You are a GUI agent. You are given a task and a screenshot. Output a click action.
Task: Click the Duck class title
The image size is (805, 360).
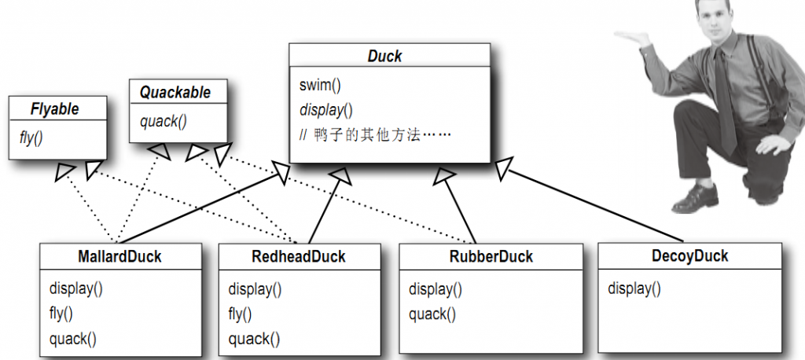click(x=385, y=57)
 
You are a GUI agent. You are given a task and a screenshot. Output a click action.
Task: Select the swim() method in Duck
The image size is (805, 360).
click(x=320, y=84)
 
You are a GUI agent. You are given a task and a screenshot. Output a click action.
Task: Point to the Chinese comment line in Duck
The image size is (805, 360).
click(x=375, y=134)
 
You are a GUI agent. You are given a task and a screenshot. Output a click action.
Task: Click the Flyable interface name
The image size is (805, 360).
click(x=54, y=109)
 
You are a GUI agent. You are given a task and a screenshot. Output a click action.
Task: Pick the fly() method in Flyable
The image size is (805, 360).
click(x=31, y=136)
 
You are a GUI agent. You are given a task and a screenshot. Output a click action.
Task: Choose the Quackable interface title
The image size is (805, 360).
click(x=175, y=92)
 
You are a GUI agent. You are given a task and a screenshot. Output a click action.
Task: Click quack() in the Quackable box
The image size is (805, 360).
click(x=164, y=121)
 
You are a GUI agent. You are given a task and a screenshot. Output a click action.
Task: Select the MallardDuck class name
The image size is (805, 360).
click(x=119, y=257)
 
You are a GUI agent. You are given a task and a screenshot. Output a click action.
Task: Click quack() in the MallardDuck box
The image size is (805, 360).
click(x=72, y=340)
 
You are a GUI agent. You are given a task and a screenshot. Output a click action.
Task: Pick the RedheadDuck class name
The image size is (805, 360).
click(x=299, y=257)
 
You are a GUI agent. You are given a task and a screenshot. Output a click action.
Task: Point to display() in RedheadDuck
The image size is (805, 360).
click(x=255, y=288)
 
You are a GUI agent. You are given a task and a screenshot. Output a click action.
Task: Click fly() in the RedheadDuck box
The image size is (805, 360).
click(x=240, y=314)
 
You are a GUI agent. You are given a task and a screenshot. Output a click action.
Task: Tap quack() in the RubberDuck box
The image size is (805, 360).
click(x=432, y=314)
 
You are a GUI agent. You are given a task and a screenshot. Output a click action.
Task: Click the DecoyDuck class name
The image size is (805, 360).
click(x=689, y=256)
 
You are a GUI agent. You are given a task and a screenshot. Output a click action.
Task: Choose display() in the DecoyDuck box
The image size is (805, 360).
click(x=634, y=288)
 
